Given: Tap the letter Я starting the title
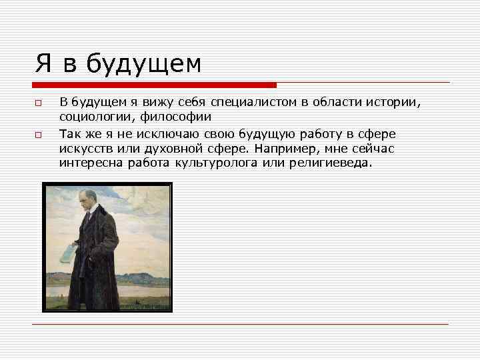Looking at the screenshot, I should pos(44,63).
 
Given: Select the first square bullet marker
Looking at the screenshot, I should pos(39,103).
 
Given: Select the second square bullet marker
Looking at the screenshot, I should pos(39,135).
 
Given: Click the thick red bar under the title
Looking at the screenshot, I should pos(154,85).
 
